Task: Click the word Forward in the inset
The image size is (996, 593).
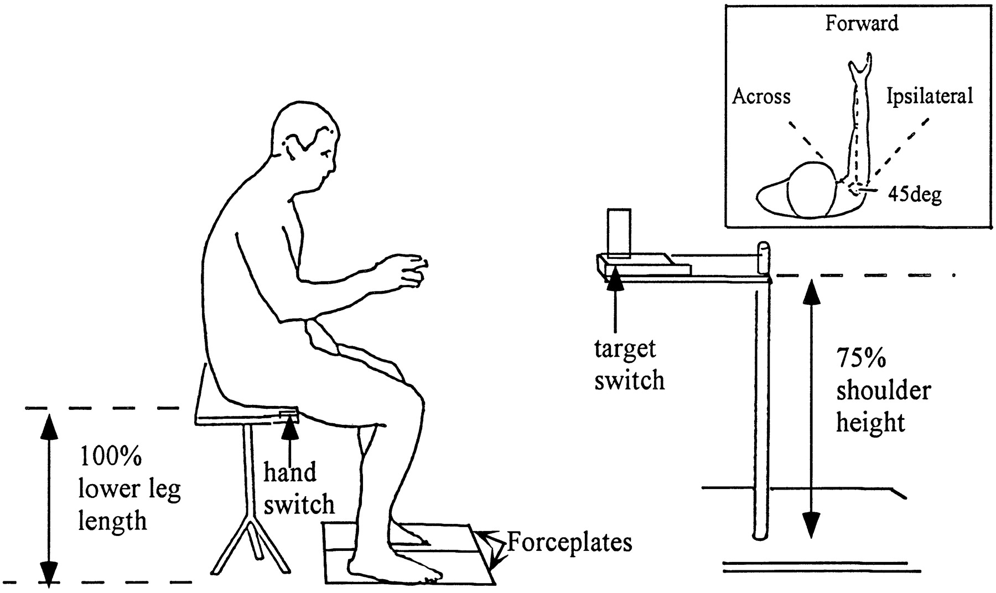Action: click(862, 23)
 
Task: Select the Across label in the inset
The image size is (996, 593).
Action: click(761, 97)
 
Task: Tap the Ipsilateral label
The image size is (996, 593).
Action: click(929, 96)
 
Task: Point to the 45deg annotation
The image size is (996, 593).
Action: click(915, 194)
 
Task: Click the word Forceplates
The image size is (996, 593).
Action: click(569, 543)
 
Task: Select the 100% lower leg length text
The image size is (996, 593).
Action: click(129, 489)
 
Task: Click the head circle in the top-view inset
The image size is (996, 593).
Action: click(812, 189)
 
